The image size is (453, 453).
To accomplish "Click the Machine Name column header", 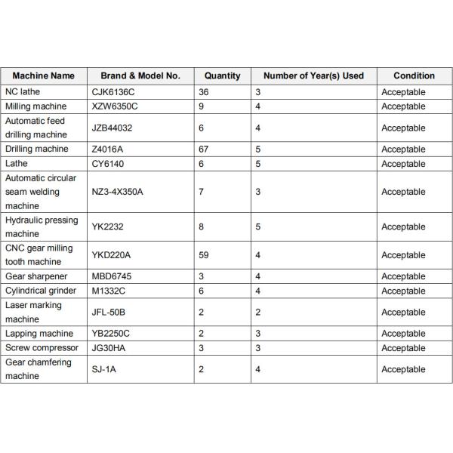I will pyautogui.click(x=44, y=75).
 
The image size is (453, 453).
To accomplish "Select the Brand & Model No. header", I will pyautogui.click(x=140, y=75).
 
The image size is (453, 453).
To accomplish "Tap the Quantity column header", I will pyautogui.click(x=222, y=75).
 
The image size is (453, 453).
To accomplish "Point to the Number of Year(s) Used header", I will pyautogui.click(x=313, y=75).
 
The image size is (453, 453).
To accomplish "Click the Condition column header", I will pyautogui.click(x=414, y=75).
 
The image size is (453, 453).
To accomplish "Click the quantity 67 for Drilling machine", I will pyautogui.click(x=204, y=149).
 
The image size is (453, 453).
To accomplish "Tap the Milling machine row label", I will pyautogui.click(x=35, y=106).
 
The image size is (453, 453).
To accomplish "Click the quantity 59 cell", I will pyautogui.click(x=204, y=255).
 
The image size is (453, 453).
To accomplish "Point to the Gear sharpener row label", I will pyautogui.click(x=36, y=276).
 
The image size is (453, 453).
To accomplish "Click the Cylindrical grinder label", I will pyautogui.click(x=41, y=291).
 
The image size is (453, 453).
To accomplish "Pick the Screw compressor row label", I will pyautogui.click(x=41, y=347).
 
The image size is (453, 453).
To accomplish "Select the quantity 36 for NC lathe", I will pyautogui.click(x=204, y=92).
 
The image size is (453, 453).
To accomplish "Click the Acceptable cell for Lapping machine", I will pyautogui.click(x=403, y=333).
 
